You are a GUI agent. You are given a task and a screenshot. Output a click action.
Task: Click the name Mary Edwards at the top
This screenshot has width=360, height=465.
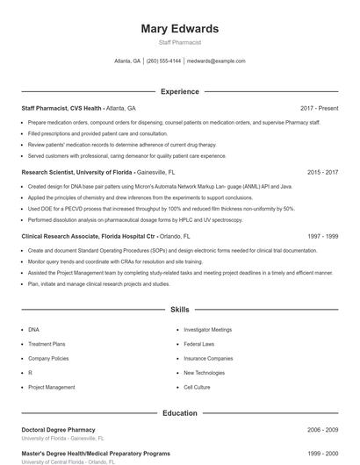pyautogui.click(x=179, y=29)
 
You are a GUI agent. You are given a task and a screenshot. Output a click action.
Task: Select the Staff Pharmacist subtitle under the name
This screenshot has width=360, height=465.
pyautogui.click(x=179, y=42)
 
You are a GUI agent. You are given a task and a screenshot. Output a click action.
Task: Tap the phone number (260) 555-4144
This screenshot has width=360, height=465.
pyautogui.click(x=163, y=61)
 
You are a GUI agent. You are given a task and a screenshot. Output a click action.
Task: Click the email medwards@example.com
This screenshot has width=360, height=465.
pyautogui.click(x=216, y=61)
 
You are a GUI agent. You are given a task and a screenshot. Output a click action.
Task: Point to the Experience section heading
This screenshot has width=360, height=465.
pyautogui.click(x=179, y=91)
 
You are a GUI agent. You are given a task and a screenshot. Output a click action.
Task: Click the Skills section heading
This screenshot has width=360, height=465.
pyautogui.click(x=179, y=310)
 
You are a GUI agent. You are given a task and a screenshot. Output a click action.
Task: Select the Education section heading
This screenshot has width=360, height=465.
pyautogui.click(x=179, y=413)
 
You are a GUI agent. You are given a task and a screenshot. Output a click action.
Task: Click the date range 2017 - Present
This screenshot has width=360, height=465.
pyautogui.click(x=319, y=108)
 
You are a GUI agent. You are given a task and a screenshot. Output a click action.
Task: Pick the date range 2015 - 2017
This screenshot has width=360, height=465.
pyautogui.click(x=322, y=173)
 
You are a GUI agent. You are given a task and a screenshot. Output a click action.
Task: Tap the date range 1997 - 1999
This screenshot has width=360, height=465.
pyautogui.click(x=322, y=237)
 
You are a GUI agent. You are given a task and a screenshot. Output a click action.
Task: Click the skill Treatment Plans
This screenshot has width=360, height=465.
pyautogui.click(x=47, y=344)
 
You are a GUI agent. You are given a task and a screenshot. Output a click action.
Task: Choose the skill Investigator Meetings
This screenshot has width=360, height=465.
pyautogui.click(x=207, y=330)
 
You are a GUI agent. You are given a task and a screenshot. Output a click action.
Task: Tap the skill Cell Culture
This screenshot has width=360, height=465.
pyautogui.click(x=197, y=387)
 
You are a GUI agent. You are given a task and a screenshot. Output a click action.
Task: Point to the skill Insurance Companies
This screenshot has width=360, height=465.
pyautogui.click(x=208, y=358)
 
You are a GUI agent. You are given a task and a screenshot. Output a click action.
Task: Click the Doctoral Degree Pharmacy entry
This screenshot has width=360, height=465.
pyautogui.click(x=58, y=430)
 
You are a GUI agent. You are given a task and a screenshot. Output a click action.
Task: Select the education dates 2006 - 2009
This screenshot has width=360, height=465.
pyautogui.click(x=322, y=430)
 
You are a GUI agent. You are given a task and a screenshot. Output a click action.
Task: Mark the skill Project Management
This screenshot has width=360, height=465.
pyautogui.click(x=51, y=387)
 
